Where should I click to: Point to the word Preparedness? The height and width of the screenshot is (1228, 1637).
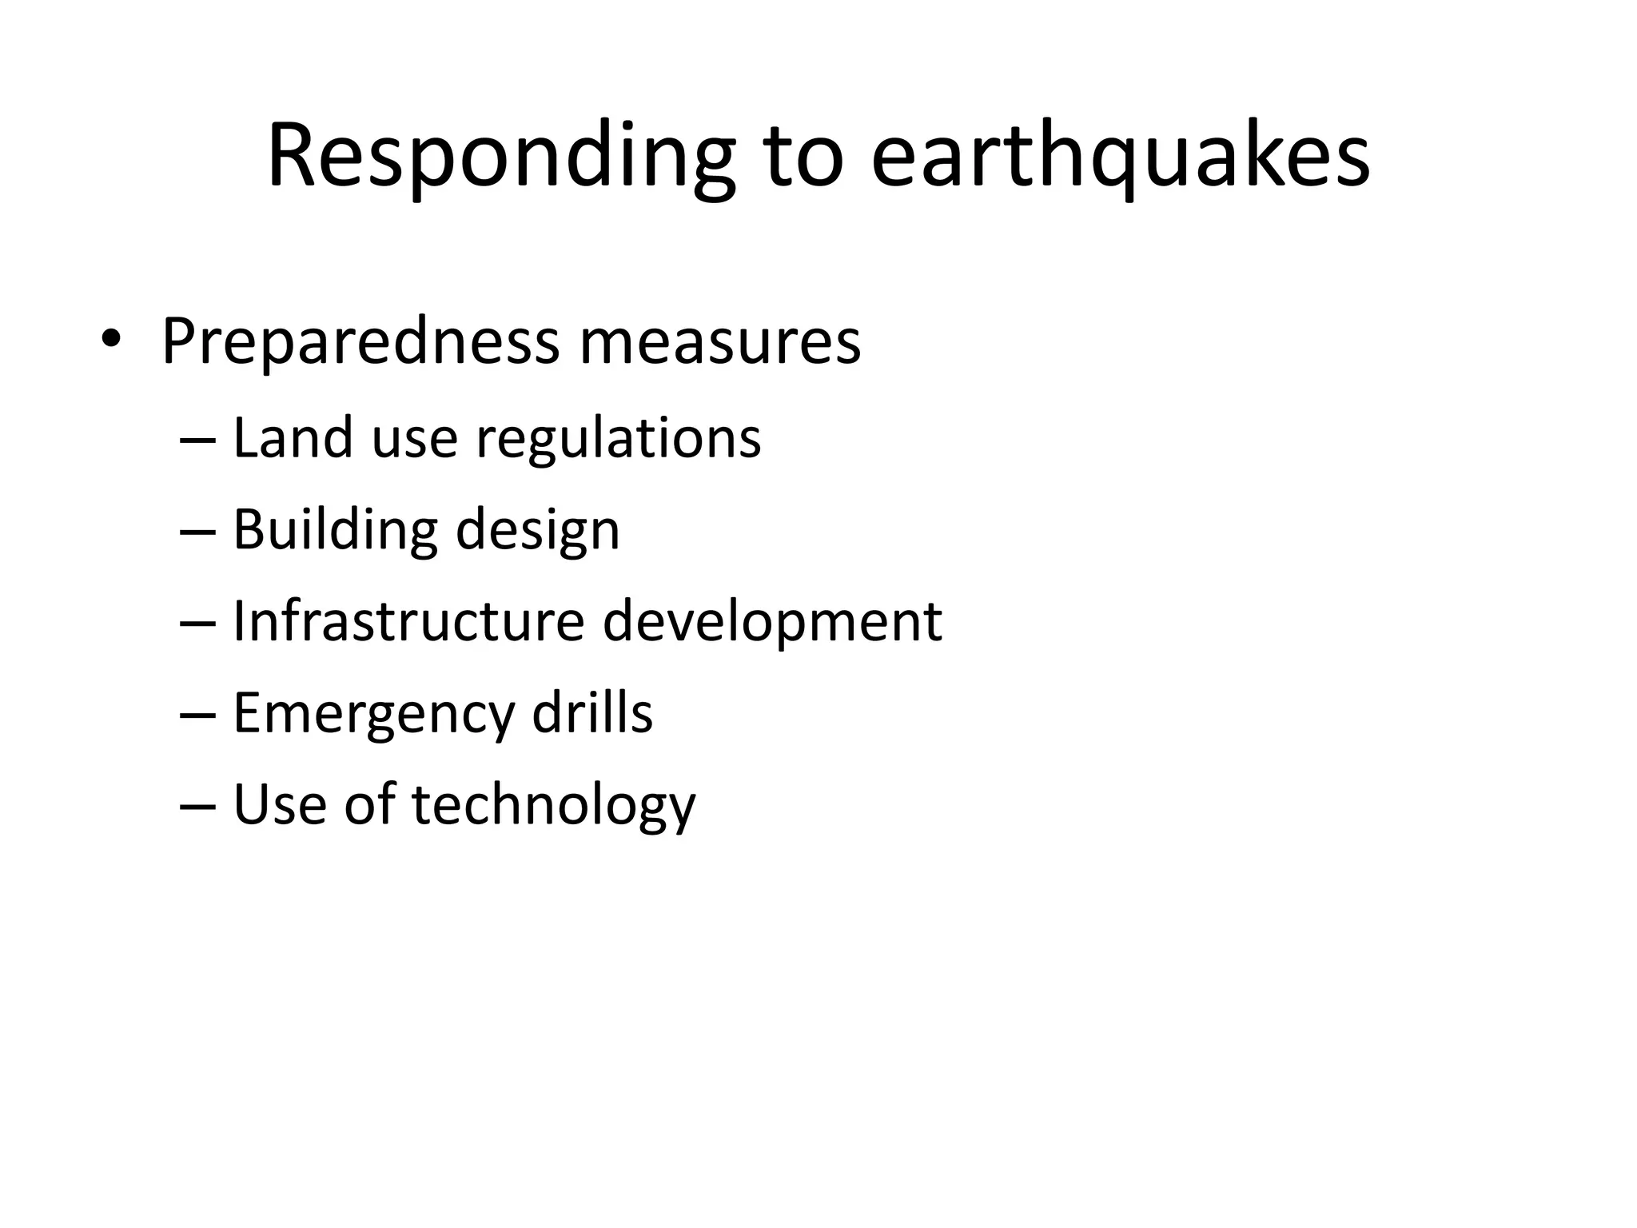pyautogui.click(x=360, y=342)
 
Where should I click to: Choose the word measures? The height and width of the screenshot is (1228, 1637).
pyautogui.click(x=719, y=342)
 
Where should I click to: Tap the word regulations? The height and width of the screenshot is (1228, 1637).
pyautogui.click(x=619, y=440)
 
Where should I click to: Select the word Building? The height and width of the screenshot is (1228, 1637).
pyautogui.click(x=335, y=530)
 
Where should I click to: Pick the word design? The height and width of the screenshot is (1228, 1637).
pyautogui.click(x=537, y=532)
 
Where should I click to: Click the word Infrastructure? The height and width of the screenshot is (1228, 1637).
pyautogui.click(x=408, y=621)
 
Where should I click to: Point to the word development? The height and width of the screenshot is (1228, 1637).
pyautogui.click(x=772, y=623)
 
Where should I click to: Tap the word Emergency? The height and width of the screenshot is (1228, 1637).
pyautogui.click(x=373, y=714)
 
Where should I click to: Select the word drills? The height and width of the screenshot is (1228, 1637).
pyautogui.click(x=592, y=712)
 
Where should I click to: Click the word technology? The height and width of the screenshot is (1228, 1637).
pyautogui.click(x=553, y=805)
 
